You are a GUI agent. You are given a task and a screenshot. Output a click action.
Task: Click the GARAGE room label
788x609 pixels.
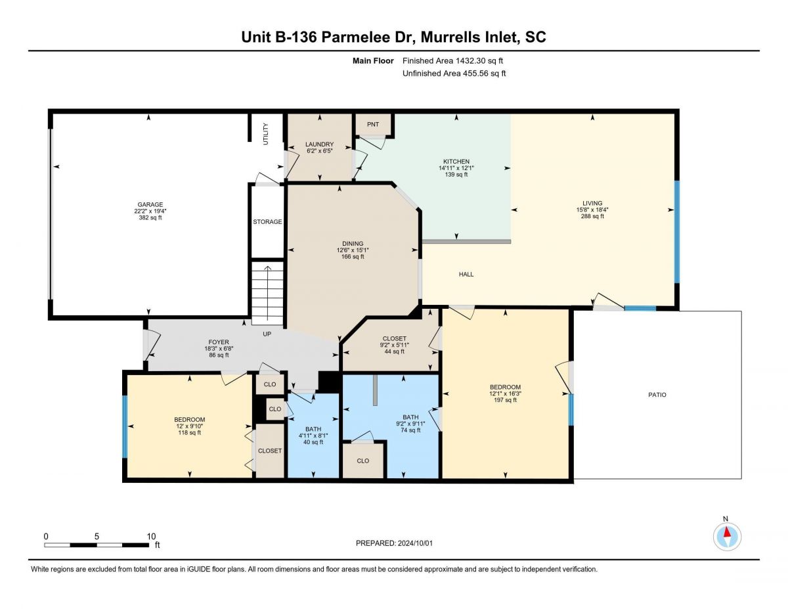pos(150,204)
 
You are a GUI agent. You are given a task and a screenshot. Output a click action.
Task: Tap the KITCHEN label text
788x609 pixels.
pos(456,162)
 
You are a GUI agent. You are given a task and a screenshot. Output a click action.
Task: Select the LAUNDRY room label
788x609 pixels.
pos(319,145)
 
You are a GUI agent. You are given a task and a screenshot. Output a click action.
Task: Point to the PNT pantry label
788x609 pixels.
pos(373,124)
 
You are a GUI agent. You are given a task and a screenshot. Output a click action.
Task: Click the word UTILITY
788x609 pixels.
pos(266,134)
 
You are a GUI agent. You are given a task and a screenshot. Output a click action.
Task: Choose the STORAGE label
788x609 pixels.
pos(267,221)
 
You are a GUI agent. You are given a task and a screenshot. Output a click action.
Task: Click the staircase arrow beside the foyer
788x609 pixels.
pos(268,294)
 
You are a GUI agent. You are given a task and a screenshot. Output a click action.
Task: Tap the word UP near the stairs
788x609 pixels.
pos(267,334)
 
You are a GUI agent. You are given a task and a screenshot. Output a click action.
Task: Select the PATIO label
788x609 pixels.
pos(657,395)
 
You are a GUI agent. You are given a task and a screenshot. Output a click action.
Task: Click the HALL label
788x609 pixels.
pos(466,274)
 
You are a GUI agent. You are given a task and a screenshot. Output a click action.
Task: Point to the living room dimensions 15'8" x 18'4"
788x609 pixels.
pos(592,210)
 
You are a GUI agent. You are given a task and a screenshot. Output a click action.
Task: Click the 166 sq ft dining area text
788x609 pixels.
pos(353,257)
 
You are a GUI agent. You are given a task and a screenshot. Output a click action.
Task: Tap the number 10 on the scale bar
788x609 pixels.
pos(151,537)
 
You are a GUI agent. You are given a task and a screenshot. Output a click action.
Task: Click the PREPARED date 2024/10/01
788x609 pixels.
pos(415,543)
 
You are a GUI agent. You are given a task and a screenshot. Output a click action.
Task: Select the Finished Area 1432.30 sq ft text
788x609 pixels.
pos(452,61)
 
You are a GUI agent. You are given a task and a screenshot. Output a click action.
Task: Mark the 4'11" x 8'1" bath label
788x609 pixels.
pos(313,436)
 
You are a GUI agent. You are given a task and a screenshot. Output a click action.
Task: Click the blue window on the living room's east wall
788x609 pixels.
pos(676,232)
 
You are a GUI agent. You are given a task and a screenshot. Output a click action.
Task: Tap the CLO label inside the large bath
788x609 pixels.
pos(362,461)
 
